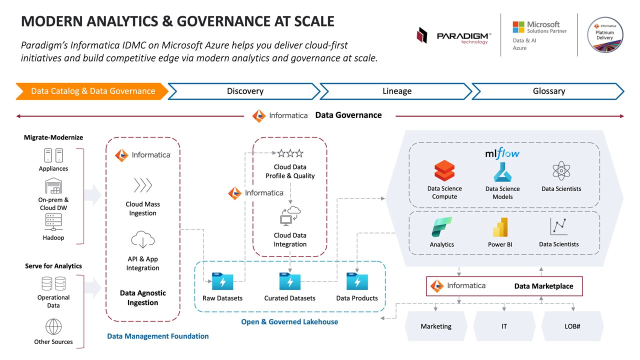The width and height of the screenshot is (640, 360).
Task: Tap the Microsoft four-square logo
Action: [518, 27]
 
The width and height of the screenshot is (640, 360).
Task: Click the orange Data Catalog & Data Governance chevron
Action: [92, 91]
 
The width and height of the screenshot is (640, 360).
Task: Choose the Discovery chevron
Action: [244, 91]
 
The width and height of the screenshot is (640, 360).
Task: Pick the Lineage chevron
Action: [396, 91]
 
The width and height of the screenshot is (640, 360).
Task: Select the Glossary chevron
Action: [548, 91]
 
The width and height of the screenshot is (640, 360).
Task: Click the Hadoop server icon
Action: [53, 222]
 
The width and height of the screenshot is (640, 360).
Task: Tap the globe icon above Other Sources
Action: [53, 327]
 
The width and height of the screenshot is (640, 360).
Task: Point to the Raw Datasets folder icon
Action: [222, 281]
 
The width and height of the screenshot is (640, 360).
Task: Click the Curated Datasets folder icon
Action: [289, 281]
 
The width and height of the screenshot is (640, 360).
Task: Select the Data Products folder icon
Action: [356, 281]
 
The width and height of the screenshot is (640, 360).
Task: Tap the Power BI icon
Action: [500, 227]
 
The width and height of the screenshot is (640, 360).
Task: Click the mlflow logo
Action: [502, 153]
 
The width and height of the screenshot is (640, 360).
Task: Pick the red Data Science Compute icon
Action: [444, 171]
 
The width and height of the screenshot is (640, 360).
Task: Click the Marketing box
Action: [435, 326]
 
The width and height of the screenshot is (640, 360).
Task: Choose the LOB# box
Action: [572, 326]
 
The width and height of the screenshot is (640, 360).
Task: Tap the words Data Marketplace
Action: [543, 286]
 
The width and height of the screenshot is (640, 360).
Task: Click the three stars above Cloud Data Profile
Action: [290, 153]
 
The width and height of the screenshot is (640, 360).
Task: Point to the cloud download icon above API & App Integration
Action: [142, 240]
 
